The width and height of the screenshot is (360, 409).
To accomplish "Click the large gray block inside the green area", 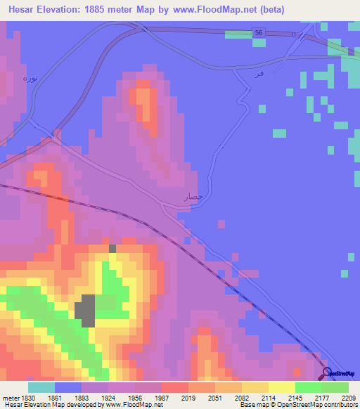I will (x=85, y=310).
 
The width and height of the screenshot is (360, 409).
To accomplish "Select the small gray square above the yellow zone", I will (x=112, y=248).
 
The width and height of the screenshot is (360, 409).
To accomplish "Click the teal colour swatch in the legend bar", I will (x=41, y=387).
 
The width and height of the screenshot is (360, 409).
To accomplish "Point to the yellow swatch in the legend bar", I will (x=282, y=387).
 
